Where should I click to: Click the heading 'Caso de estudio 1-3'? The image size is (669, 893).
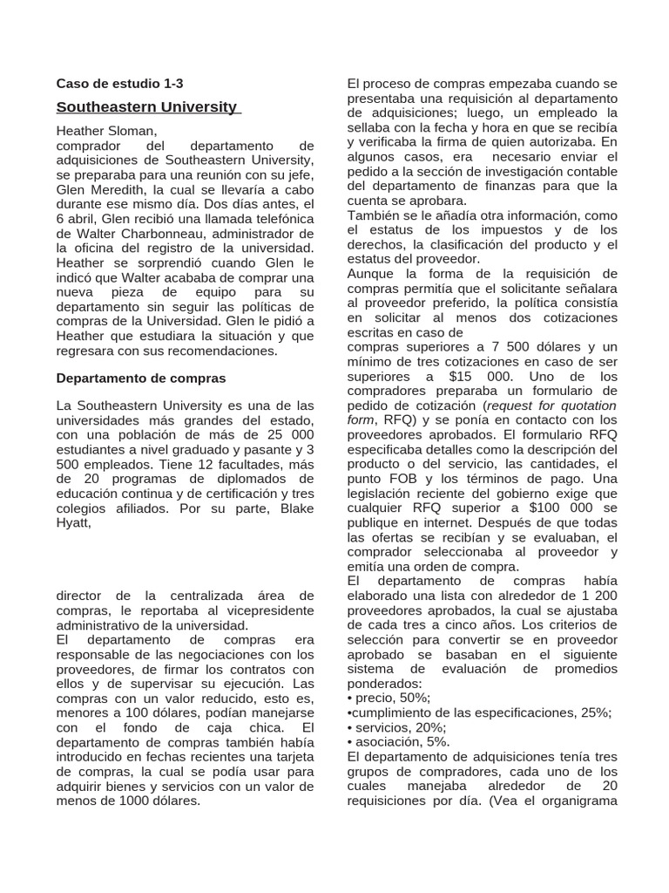click(x=119, y=85)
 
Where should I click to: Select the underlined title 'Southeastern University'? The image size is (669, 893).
click(x=146, y=107)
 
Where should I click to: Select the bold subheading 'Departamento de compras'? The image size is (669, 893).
click(x=140, y=378)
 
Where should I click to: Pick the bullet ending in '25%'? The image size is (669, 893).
click(x=478, y=712)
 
